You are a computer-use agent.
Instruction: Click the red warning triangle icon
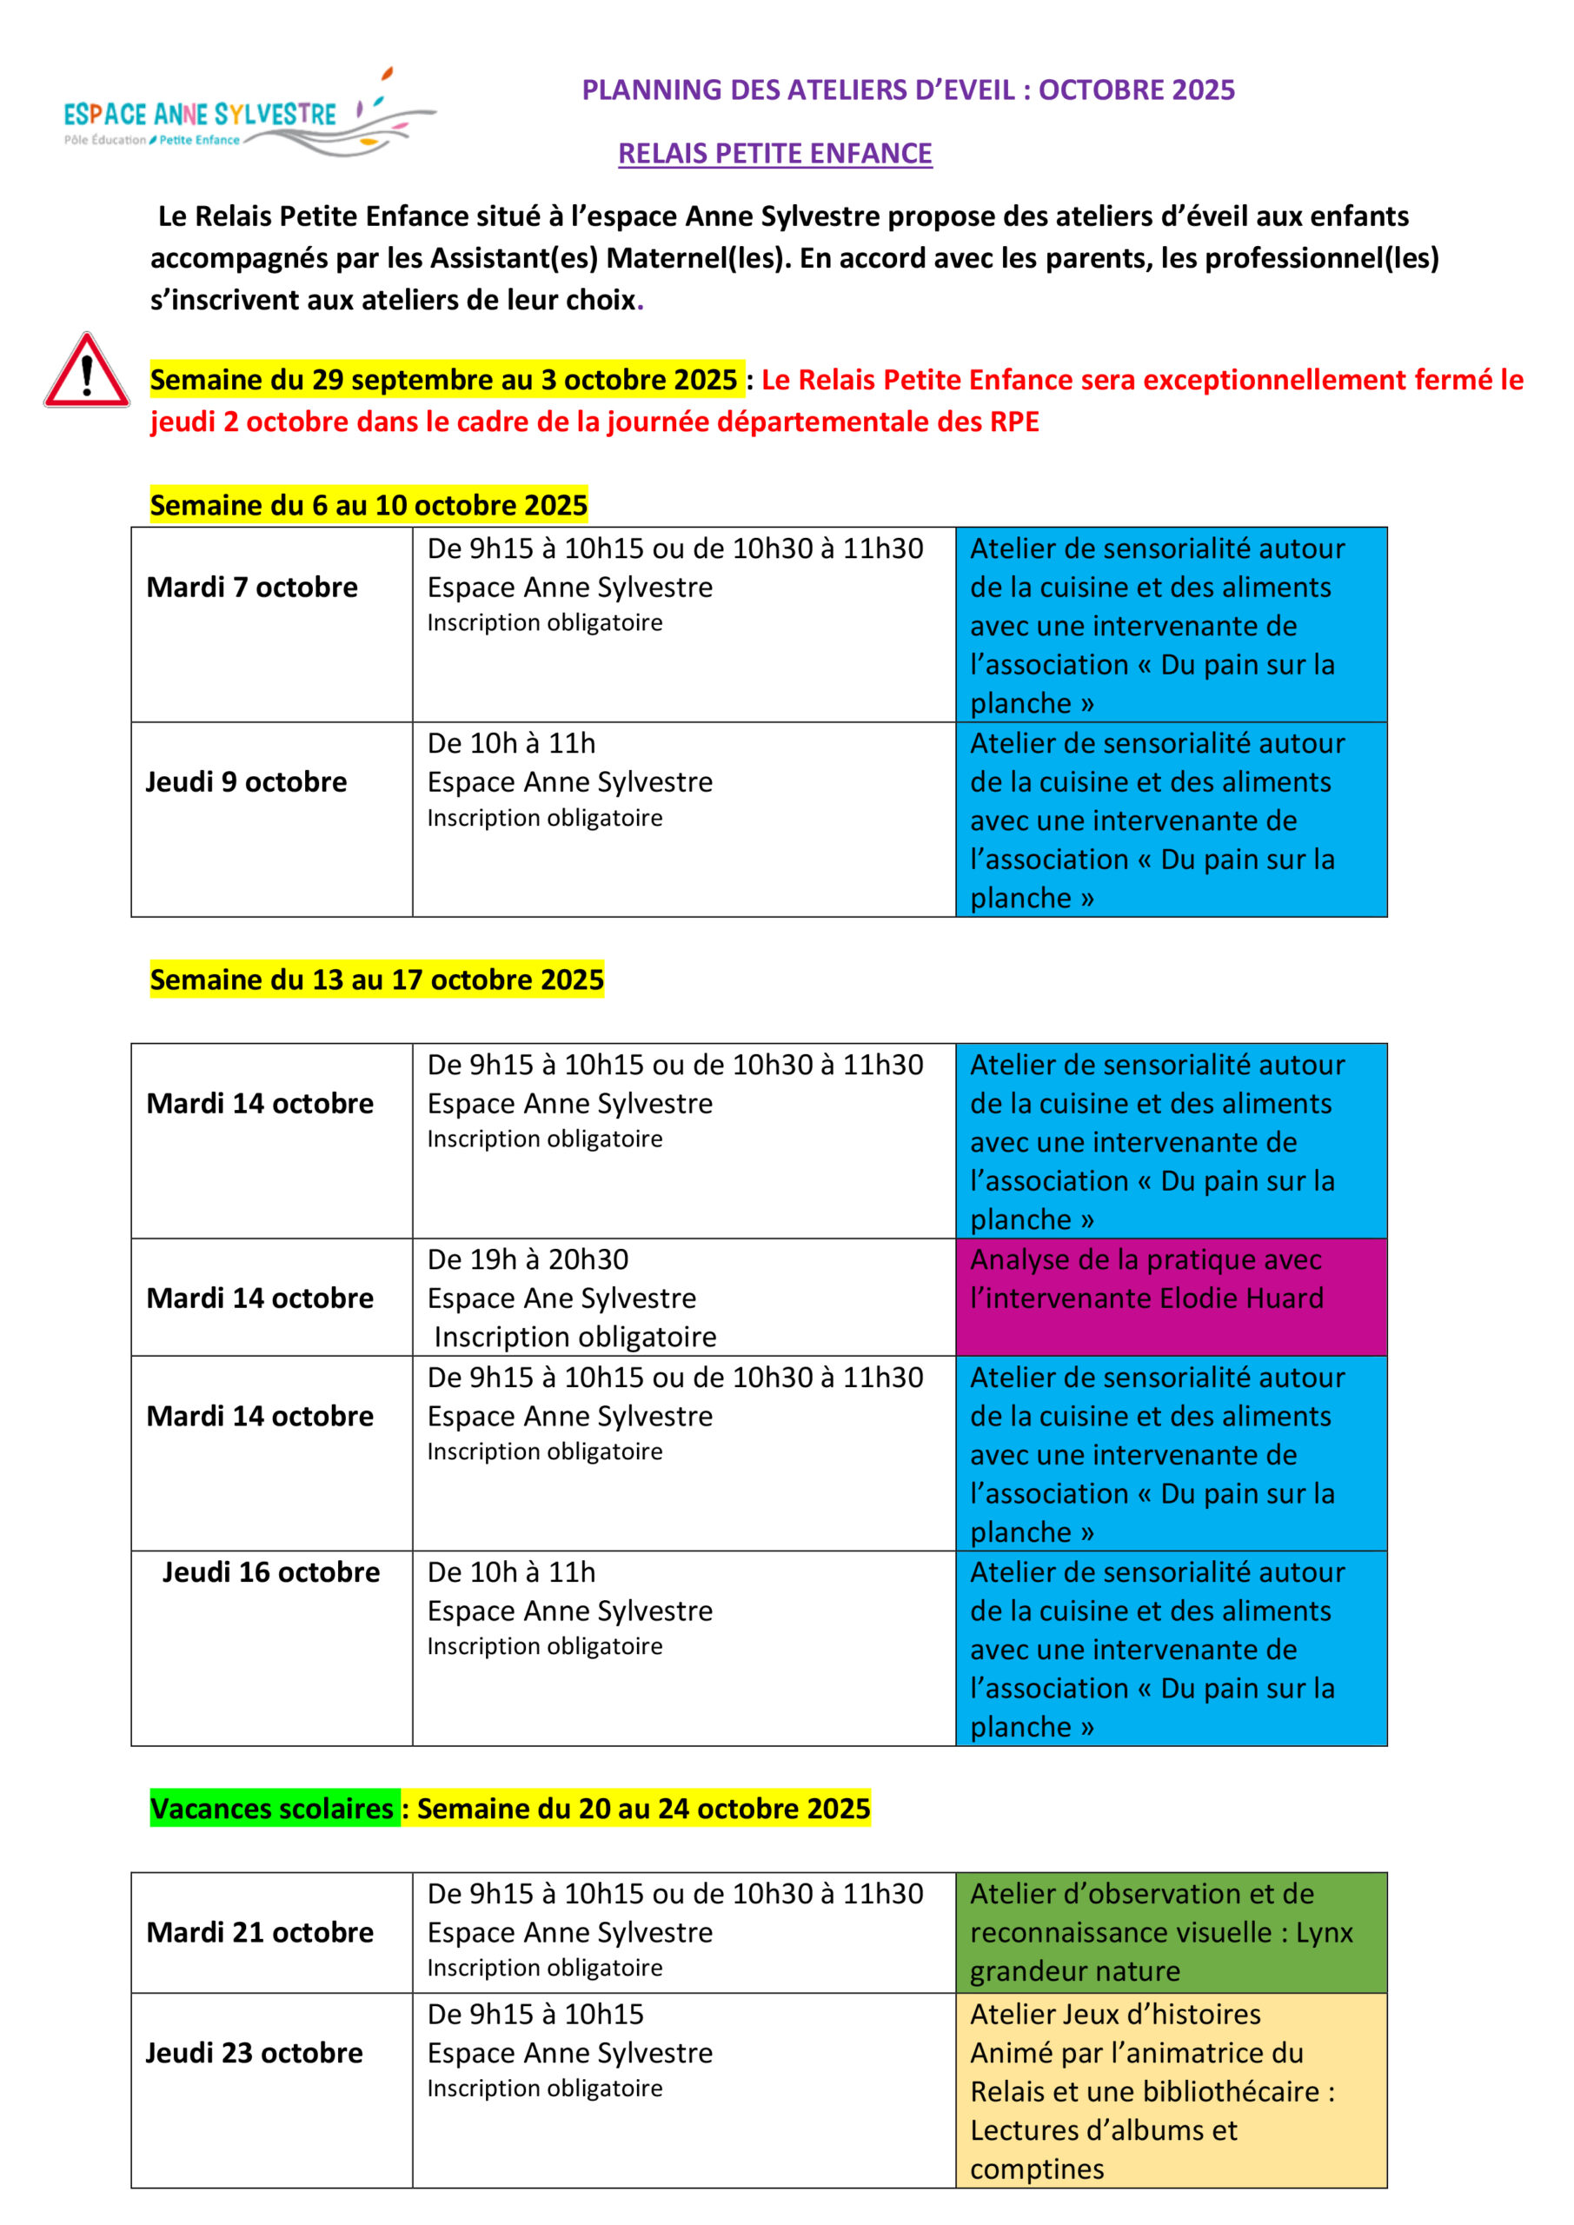pyautogui.click(x=86, y=372)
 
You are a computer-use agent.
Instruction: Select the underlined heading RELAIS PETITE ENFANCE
pyautogui.click(x=774, y=153)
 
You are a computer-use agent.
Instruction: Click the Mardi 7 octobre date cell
pyautogui.click(x=252, y=588)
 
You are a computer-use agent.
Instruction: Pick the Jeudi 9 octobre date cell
pyautogui.click(x=246, y=782)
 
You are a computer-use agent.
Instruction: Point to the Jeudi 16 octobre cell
pyautogui.click(x=270, y=1572)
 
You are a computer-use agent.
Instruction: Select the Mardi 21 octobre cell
pyautogui.click(x=260, y=1932)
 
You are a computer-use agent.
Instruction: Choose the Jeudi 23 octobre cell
pyautogui.click(x=254, y=2053)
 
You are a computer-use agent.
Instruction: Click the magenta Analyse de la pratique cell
pyautogui.click(x=1170, y=1297)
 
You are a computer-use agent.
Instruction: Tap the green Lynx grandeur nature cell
pyautogui.click(x=1170, y=1932)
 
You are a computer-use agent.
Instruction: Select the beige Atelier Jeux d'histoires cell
pyautogui.click(x=1170, y=2091)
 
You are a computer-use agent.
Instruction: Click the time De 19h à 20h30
pyautogui.click(x=528, y=1259)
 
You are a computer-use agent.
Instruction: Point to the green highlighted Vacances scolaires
pyautogui.click(x=272, y=1809)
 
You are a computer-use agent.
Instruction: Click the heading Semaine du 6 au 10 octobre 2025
pyautogui.click(x=369, y=505)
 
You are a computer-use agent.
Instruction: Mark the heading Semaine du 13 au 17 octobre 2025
pyautogui.click(x=377, y=980)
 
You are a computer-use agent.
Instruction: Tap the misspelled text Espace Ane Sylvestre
pyautogui.click(x=562, y=1298)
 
